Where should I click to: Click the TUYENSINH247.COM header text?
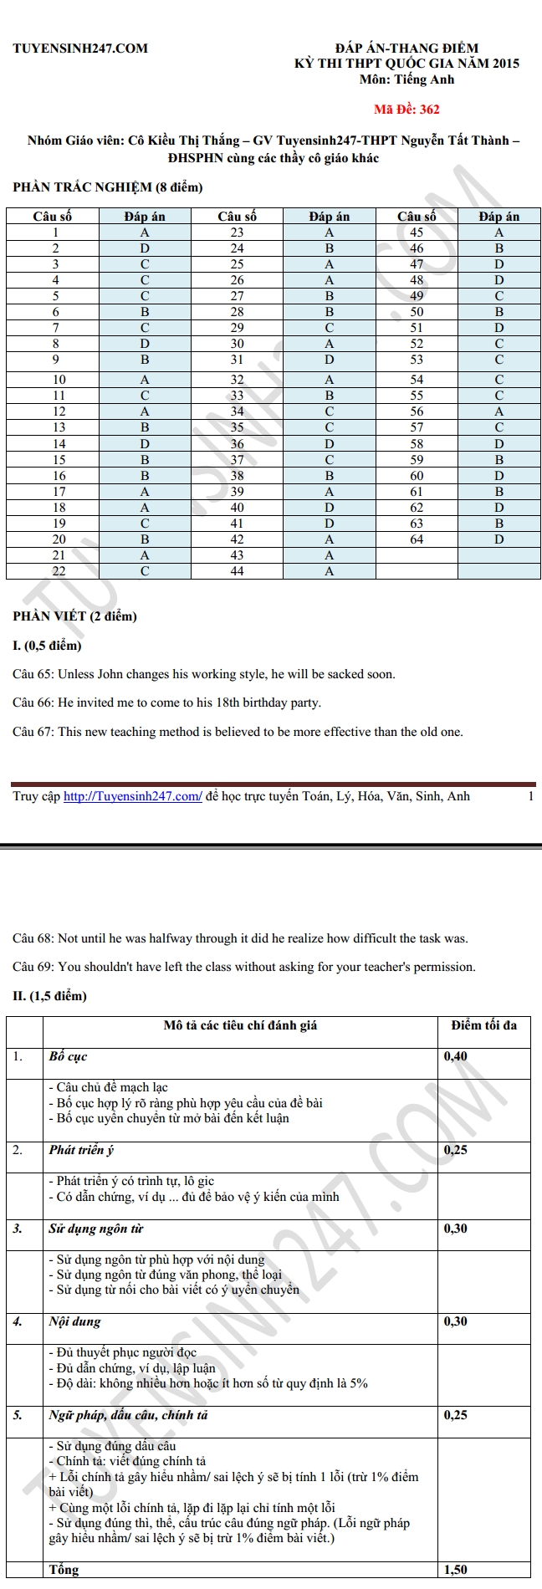(80, 49)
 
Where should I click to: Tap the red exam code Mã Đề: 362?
(406, 109)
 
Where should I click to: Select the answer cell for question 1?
(145, 232)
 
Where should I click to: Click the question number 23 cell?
(238, 232)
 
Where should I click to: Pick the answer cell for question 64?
(499, 539)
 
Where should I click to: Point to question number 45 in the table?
(417, 232)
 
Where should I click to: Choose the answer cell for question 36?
(330, 444)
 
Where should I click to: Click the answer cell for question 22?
(145, 571)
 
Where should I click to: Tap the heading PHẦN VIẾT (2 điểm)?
(74, 616)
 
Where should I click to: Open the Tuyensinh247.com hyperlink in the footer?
(133, 796)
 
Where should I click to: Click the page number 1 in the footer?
(530, 796)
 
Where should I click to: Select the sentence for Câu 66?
(167, 703)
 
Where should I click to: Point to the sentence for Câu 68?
(241, 938)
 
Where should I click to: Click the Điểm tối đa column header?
(484, 1024)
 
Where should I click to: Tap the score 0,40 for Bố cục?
(456, 1056)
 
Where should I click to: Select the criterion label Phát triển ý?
(82, 1150)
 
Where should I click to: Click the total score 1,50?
(456, 1570)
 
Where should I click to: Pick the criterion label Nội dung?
(75, 1321)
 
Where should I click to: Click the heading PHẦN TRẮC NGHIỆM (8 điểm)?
(108, 187)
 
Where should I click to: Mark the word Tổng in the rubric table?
(64, 1570)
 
